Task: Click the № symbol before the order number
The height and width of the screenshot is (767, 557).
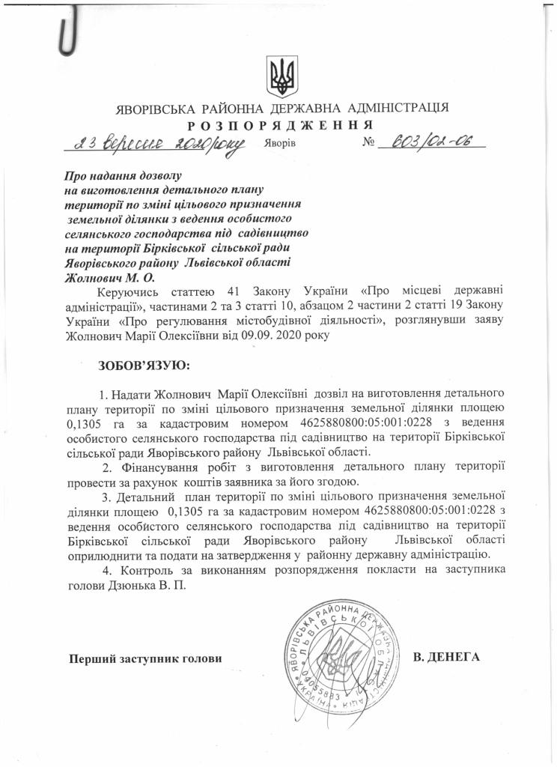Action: [368, 142]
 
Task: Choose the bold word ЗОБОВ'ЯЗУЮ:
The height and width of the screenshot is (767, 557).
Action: [144, 366]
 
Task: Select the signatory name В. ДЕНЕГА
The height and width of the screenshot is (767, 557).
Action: [445, 658]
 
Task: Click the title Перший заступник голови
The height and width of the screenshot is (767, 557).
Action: [146, 659]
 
